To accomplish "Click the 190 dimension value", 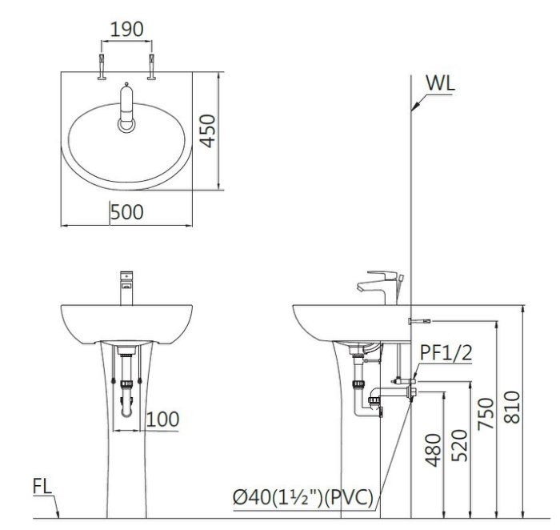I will click(x=126, y=30).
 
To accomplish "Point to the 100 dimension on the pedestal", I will click(x=162, y=419).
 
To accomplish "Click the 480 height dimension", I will click(x=432, y=455).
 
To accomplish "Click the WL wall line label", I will click(x=442, y=83).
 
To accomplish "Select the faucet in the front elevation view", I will click(x=126, y=288).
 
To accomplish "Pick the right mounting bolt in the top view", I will click(x=150, y=68).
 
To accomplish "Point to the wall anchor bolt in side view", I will click(x=418, y=321).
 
